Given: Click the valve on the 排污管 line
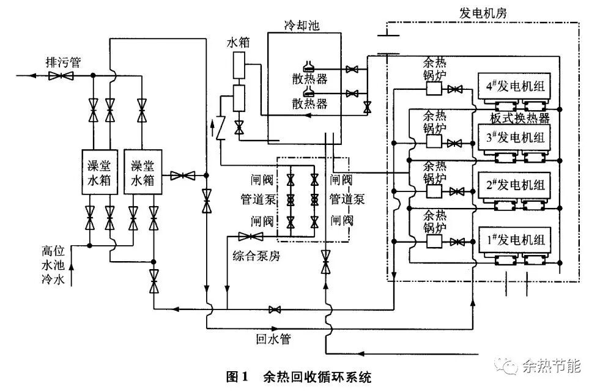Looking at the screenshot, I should click(61, 76).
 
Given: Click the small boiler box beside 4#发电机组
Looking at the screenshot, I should click(434, 89).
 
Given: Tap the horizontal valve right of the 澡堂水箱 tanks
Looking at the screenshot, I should click(182, 176).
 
